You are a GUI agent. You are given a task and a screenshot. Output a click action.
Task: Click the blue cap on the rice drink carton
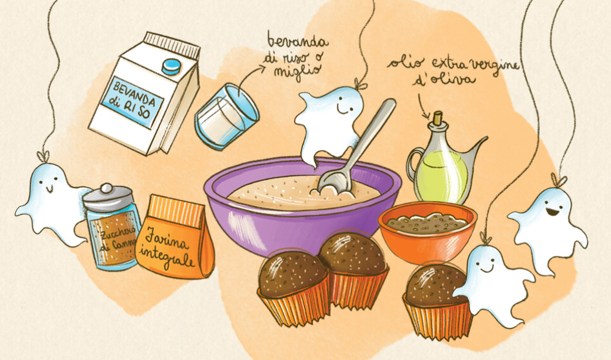171,66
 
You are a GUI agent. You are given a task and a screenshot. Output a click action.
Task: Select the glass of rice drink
226,116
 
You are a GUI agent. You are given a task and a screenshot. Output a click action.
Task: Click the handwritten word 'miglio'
298,72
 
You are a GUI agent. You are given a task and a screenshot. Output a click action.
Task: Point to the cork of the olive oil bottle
438,116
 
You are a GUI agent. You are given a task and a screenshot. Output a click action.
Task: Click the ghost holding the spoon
328,123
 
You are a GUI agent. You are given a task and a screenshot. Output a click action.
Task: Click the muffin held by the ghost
434,301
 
